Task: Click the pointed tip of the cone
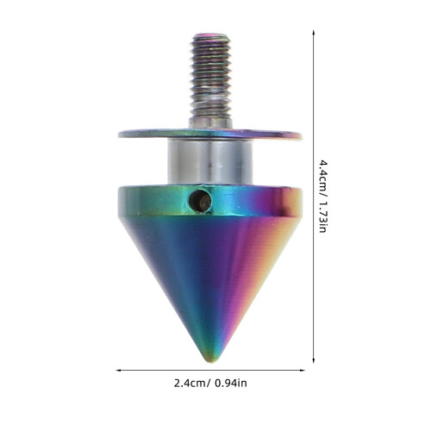click(211, 360)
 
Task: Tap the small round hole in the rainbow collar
click(200, 200)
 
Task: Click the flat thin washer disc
click(210, 134)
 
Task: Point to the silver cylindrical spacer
click(210, 162)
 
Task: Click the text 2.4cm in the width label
click(190, 384)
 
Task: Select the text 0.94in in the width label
click(231, 384)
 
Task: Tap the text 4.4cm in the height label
click(323, 177)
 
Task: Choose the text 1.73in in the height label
click(323, 216)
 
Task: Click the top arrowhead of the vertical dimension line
click(313, 31)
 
